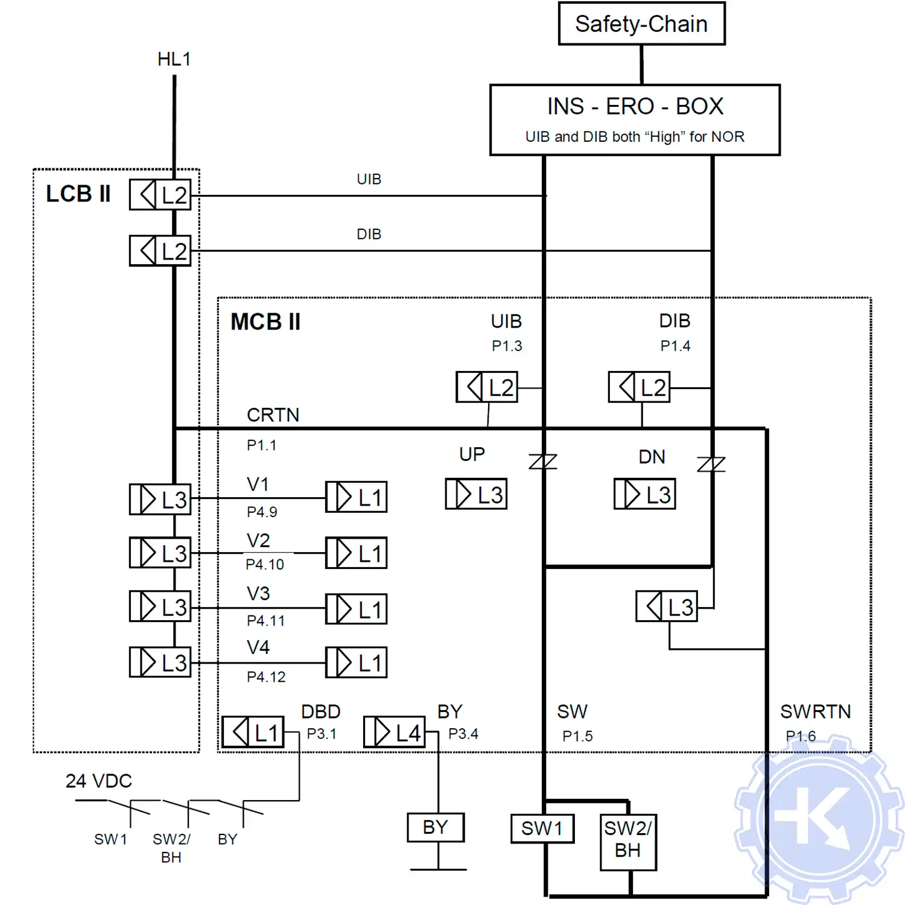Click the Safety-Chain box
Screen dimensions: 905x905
pyautogui.click(x=641, y=24)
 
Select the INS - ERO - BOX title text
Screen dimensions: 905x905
pyautogui.click(x=635, y=106)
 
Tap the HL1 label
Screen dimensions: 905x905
pyautogui.click(x=174, y=59)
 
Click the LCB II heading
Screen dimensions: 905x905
pyautogui.click(x=78, y=194)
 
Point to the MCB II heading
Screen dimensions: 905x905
pyautogui.click(x=265, y=322)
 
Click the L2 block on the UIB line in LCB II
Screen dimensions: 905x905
pyautogui.click(x=160, y=195)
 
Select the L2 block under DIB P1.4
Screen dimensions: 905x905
pyautogui.click(x=639, y=387)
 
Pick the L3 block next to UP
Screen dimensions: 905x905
pyautogui.click(x=476, y=494)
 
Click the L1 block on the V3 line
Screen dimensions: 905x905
pyautogui.click(x=356, y=609)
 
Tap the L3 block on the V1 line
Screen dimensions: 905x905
pyautogui.click(x=160, y=499)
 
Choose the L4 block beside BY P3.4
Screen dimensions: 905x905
pyautogui.click(x=395, y=732)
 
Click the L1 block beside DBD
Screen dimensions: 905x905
pyautogui.click(x=253, y=732)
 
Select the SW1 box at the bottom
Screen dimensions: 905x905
pyautogui.click(x=542, y=828)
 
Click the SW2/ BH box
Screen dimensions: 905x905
pyautogui.click(x=628, y=842)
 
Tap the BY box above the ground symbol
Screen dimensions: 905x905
pyautogui.click(x=436, y=827)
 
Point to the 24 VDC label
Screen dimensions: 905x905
pyautogui.click(x=98, y=781)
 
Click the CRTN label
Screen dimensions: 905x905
pyautogui.click(x=273, y=415)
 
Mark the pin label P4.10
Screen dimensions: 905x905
pyautogui.click(x=264, y=565)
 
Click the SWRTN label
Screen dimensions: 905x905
pyautogui.click(x=815, y=712)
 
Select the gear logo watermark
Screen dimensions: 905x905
pyautogui.click(x=819, y=821)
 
